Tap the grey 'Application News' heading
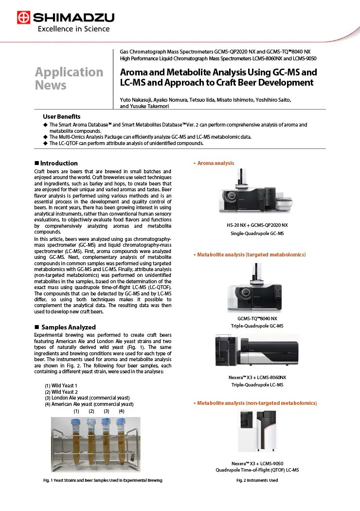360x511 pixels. coord(69,79)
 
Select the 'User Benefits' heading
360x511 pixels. coord(62,117)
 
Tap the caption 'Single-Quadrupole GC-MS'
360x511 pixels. coord(257,234)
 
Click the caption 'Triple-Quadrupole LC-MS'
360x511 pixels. coord(257,385)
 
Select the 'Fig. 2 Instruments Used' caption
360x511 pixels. coord(257,480)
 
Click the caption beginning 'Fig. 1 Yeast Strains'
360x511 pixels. coord(102,480)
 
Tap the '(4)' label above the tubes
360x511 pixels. coord(121,411)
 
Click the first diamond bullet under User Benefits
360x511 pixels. coord(45,125)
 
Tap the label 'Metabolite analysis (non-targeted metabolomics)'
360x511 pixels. coord(256,403)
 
